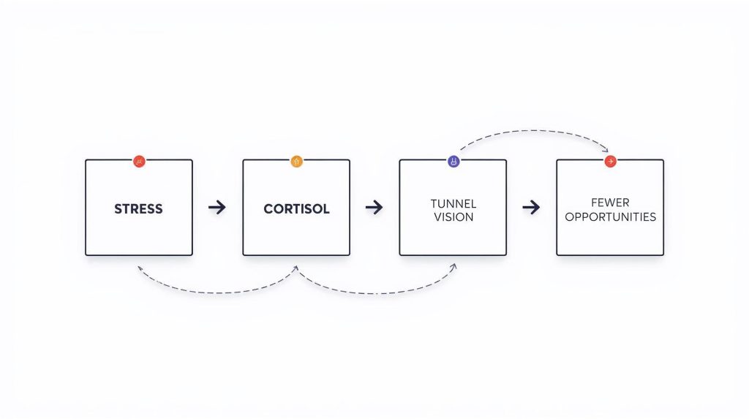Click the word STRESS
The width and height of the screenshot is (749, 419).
(x=138, y=209)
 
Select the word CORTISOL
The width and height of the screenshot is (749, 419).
(x=296, y=209)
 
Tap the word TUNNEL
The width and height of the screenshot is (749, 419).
(x=453, y=203)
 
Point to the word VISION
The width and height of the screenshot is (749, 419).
(x=453, y=217)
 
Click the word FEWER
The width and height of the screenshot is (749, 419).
(x=610, y=203)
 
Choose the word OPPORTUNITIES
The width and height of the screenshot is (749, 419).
(x=610, y=217)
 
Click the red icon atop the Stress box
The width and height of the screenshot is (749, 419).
(x=139, y=162)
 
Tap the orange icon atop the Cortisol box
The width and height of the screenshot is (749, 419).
(x=297, y=162)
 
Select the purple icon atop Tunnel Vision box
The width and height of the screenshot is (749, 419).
(x=453, y=162)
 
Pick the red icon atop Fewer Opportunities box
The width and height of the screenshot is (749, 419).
(x=611, y=162)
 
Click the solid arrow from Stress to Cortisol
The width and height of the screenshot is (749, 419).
(x=217, y=208)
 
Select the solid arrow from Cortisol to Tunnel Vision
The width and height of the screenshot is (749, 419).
(x=374, y=208)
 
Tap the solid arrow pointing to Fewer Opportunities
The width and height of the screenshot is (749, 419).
(x=531, y=208)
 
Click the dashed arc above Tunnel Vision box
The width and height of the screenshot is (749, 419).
(x=532, y=130)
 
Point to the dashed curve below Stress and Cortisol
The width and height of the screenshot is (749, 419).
(x=217, y=292)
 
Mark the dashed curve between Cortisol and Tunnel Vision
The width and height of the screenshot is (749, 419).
(x=377, y=293)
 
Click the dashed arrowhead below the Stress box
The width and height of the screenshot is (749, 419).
(x=140, y=269)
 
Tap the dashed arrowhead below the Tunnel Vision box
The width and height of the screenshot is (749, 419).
(x=453, y=267)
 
